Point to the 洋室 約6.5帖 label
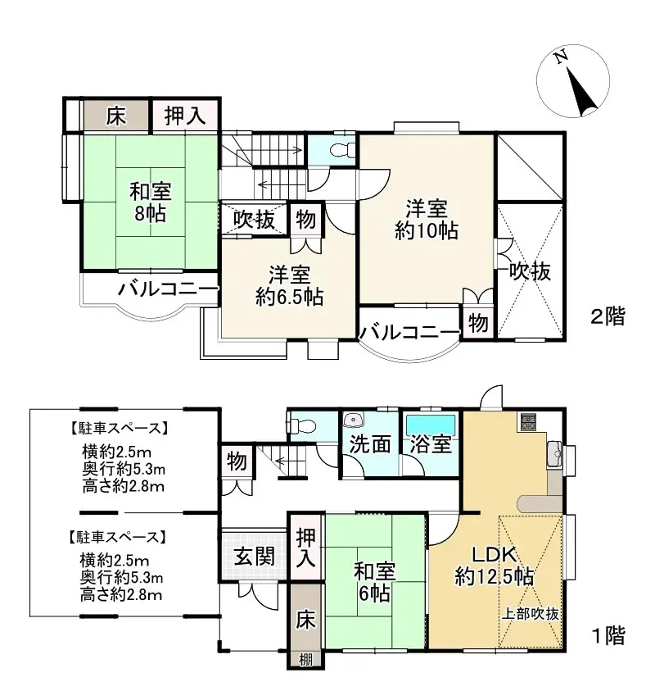pos(288,285)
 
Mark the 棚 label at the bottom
pos(305,659)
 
